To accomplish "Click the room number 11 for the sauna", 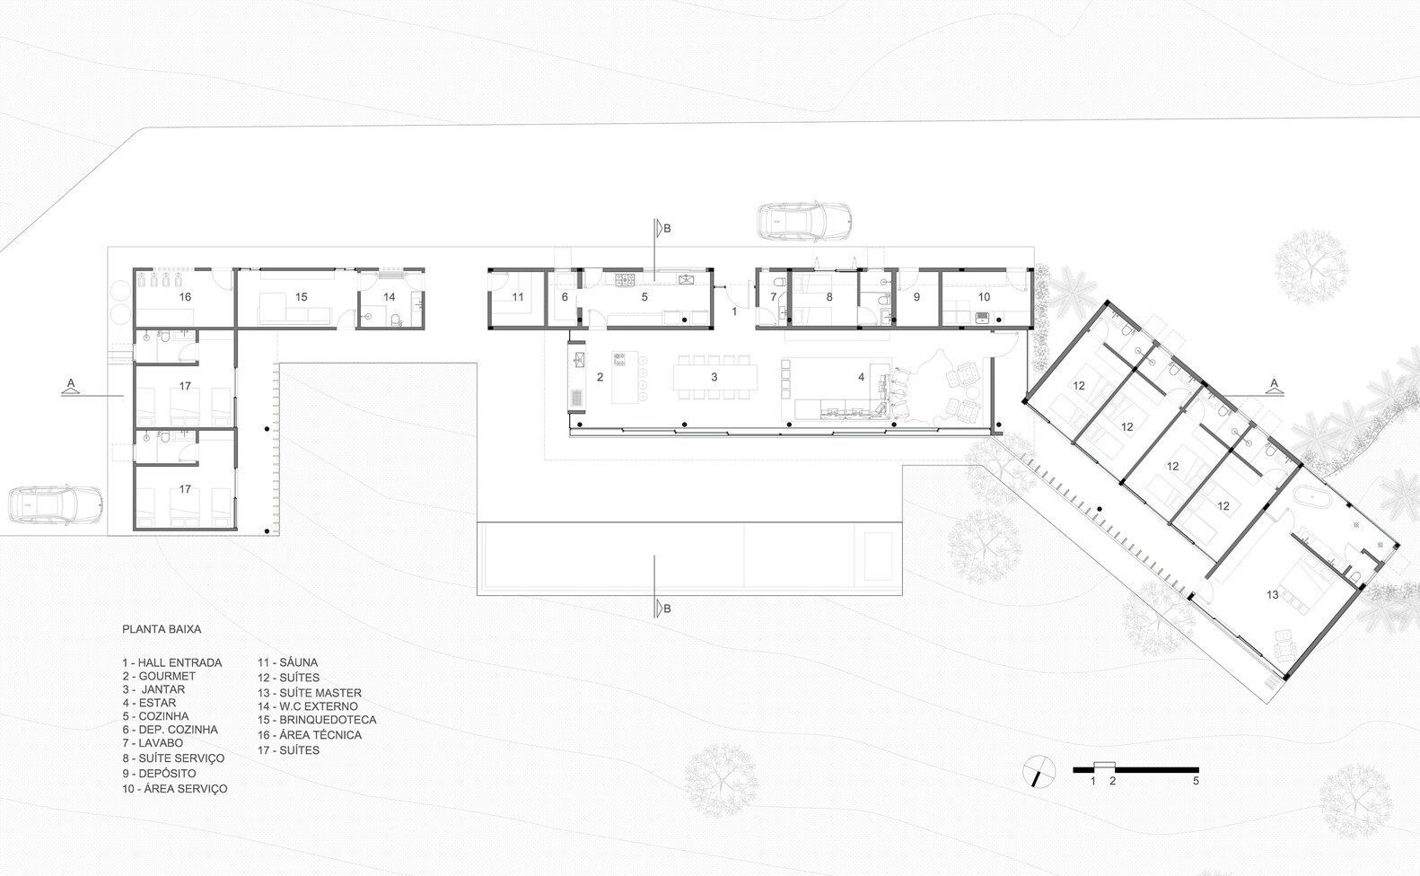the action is coord(518,297).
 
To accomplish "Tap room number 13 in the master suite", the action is coord(1272,594).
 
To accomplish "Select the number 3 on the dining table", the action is coord(714,377).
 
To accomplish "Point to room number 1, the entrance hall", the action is coord(735,311).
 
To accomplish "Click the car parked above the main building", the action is coord(804,221).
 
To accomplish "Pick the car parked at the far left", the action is coord(56,505).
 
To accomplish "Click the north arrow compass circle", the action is coord(1039,771).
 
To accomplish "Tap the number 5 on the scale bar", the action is coord(1196,781).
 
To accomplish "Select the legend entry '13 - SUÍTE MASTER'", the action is coord(310,693).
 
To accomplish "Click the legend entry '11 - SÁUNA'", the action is coord(287,662).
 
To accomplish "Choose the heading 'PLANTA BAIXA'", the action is coord(162,629).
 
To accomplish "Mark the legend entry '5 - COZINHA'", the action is coord(156,716).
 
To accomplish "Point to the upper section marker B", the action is coord(662,228).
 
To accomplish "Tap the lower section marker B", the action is coord(662,609).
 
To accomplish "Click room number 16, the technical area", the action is coord(185,297).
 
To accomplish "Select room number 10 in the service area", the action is coord(984,297).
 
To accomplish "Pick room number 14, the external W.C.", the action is coord(390,297).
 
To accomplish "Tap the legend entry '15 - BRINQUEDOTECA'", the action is coord(317,720).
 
